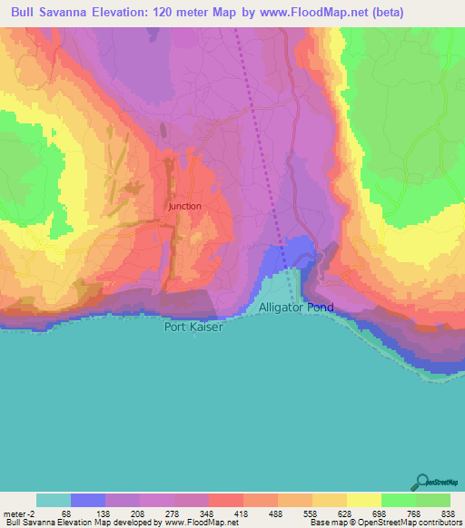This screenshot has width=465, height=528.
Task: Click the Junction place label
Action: click(x=185, y=206)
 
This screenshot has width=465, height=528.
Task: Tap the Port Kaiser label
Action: click(x=193, y=327)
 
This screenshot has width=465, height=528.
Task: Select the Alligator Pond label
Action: click(x=296, y=308)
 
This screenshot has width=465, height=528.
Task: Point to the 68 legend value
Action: click(x=65, y=513)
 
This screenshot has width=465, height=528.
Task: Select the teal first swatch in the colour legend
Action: click(x=54, y=500)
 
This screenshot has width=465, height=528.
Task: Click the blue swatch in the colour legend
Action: click(x=88, y=500)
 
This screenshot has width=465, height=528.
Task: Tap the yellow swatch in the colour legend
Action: click(x=364, y=500)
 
